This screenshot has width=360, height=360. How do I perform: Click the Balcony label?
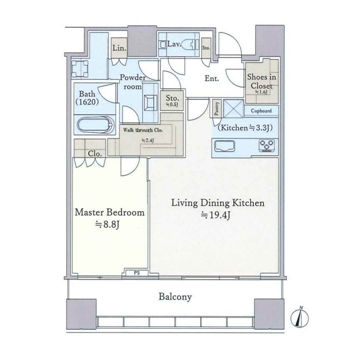pyautogui.click(x=175, y=297)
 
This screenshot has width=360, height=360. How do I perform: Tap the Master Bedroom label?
pyautogui.click(x=110, y=213)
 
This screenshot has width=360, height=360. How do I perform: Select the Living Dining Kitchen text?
pyautogui.click(x=218, y=203)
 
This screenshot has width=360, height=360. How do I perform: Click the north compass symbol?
pyautogui.click(x=300, y=318)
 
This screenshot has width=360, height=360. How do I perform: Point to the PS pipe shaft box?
pyautogui.click(x=137, y=273)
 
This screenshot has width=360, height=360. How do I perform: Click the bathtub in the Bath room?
pyautogui.click(x=96, y=125)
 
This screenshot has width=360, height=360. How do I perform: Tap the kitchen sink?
pyautogui.click(x=224, y=146)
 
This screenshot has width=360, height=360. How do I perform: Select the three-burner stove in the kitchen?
pyautogui.click(x=267, y=145)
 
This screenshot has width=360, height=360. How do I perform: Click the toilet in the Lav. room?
pyautogui.click(x=190, y=44)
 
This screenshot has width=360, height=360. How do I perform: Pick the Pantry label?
pyautogui.click(x=217, y=109)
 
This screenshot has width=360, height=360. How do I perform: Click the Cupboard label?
pyautogui.click(x=261, y=111)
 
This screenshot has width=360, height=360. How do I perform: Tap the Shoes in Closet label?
pyautogui.click(x=262, y=81)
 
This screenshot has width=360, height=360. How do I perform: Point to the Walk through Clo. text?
pyautogui.click(x=143, y=130)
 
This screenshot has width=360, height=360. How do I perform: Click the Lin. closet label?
pyautogui.click(x=119, y=48)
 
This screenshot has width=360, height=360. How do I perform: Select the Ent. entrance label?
pyautogui.click(x=211, y=79)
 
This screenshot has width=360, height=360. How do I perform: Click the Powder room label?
pyautogui.click(x=133, y=82)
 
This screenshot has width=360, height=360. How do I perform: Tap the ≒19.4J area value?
pyautogui.click(x=215, y=215)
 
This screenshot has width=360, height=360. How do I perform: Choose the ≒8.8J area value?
pyautogui.click(x=107, y=224)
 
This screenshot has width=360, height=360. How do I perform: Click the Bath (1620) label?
pyautogui.click(x=87, y=97)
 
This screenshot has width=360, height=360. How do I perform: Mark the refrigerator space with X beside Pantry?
pyautogui.click(x=233, y=109)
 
